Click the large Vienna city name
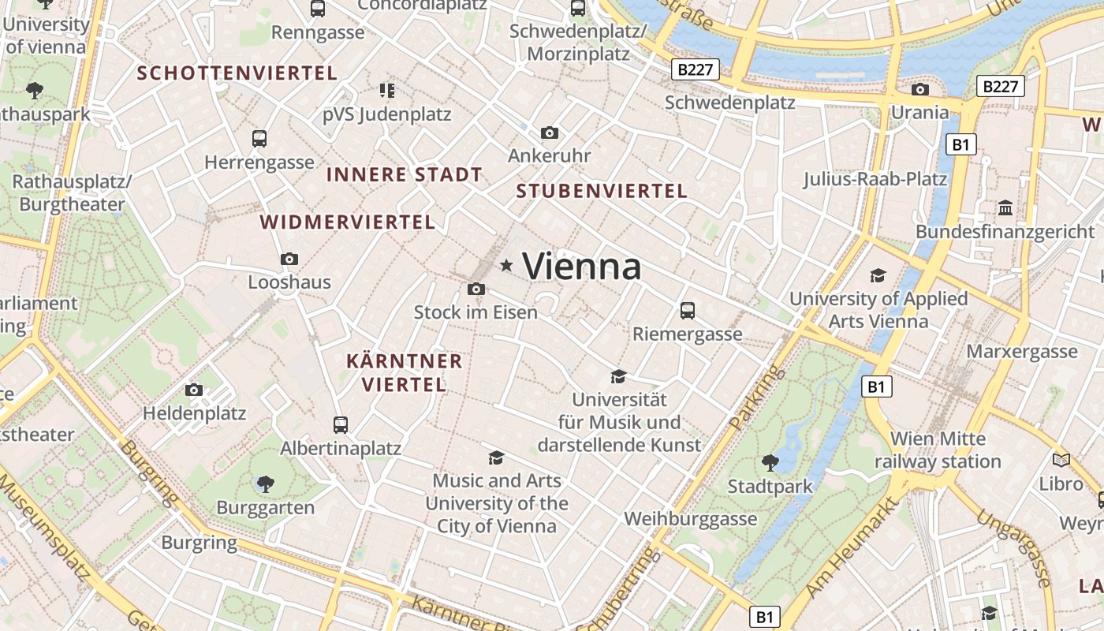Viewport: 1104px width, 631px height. (581, 267)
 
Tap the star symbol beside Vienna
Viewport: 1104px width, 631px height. (506, 267)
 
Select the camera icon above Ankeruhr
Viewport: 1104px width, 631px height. (550, 133)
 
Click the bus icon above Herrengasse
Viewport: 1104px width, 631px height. (259, 139)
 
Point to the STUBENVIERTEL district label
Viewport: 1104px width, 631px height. (602, 191)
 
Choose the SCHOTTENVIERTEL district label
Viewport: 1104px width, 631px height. (237, 73)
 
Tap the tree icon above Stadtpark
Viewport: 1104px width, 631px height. (770, 462)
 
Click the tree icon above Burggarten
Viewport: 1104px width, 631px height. (266, 484)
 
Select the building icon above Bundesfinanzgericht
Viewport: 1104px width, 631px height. (1005, 208)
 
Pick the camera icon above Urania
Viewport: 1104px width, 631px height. (919, 89)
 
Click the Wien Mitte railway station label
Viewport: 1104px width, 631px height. (938, 450)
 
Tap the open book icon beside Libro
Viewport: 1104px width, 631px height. (1061, 460)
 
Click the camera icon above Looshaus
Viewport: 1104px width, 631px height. (289, 259)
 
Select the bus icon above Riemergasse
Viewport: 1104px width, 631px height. (688, 310)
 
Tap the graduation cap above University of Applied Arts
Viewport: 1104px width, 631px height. (878, 275)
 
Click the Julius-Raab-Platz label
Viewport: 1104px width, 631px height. (875, 179)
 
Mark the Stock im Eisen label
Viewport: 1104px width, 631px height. (476, 312)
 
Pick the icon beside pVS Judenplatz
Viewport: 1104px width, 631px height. (386, 91)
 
